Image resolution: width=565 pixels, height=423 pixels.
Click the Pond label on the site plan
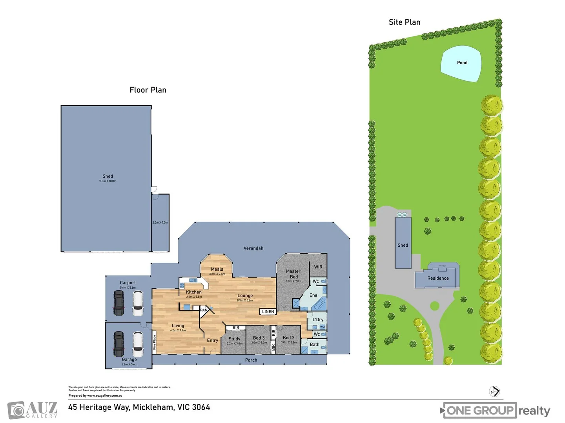coord(462,63)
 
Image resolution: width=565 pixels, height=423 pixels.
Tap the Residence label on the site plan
coord(438,278)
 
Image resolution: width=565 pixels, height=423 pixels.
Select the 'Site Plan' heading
coord(405,22)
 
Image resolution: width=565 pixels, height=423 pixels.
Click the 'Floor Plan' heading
coord(148,90)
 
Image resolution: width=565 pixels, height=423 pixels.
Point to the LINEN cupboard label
coord(268,312)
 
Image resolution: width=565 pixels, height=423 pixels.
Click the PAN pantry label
coord(204,310)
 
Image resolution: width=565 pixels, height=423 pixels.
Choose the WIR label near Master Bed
coord(318,267)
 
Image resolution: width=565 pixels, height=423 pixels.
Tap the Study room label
coord(234,339)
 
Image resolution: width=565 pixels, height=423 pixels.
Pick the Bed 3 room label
coord(259,338)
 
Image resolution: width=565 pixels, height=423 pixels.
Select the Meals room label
coord(217,269)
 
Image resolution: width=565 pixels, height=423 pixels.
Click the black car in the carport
coord(118,303)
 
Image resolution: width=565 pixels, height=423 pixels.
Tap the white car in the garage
coord(138,344)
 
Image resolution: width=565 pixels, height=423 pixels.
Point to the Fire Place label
coord(155,342)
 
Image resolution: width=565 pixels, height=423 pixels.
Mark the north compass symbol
coord(494,391)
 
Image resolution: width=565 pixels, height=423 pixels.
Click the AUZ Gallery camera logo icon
coord(16,410)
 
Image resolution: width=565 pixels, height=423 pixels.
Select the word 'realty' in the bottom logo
coord(534,411)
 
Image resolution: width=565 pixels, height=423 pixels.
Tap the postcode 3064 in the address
coord(201,407)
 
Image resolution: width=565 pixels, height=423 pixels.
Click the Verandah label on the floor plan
coord(253,248)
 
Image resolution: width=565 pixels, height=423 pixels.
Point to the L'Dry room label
coord(318,320)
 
